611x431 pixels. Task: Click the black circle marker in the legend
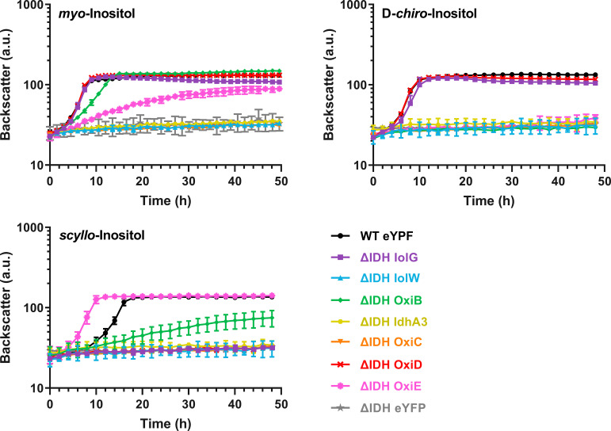click(342, 235)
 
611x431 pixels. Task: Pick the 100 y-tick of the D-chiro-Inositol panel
click(356, 86)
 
